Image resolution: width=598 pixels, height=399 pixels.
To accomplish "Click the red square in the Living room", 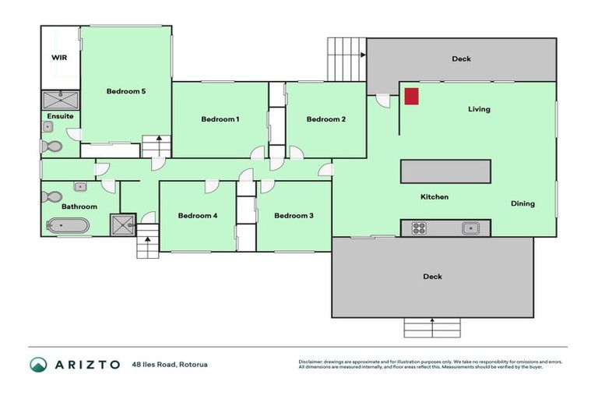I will [411, 96].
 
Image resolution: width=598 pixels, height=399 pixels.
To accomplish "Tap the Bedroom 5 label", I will [126, 91].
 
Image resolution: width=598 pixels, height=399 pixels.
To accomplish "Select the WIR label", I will [59, 58].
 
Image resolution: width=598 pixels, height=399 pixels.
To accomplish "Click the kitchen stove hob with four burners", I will [419, 228].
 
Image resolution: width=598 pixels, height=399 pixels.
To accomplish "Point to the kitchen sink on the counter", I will [470, 228].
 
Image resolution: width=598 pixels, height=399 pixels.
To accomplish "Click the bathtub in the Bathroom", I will [68, 226].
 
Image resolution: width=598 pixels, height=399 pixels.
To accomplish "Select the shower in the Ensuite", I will [60, 99].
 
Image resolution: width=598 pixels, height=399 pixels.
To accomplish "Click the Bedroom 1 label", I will [220, 119].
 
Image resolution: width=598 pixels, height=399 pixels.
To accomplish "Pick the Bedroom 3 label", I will [294, 216].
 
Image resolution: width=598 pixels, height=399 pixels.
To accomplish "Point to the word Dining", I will [522, 204].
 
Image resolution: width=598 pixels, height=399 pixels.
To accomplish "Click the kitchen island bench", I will [445, 171].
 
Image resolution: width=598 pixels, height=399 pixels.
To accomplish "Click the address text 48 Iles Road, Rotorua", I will [170, 364].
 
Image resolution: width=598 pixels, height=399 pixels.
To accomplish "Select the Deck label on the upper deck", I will [461, 59].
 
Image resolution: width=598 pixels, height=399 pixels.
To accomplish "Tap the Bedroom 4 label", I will [197, 216].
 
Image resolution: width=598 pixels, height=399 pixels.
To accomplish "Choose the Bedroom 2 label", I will [325, 119].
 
